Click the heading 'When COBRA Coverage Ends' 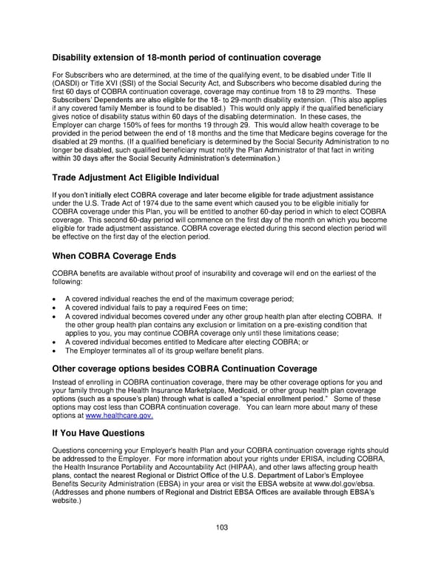pos(114,256)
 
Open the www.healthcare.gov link pos(115,416)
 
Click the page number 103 pos(222,527)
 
